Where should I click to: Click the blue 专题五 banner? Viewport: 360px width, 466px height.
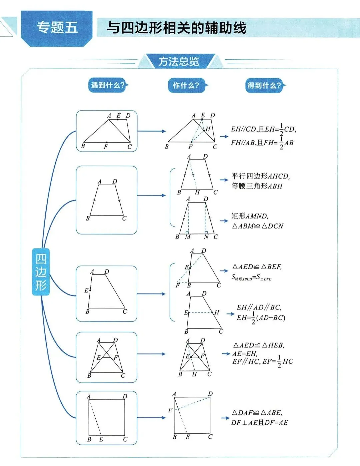tap(57, 28)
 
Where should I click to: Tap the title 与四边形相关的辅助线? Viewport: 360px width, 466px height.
tap(176, 28)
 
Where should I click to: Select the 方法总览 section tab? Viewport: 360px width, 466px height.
tap(179, 62)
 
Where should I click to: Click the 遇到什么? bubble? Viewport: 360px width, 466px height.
tap(108, 85)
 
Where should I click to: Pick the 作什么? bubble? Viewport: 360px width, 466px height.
tap(186, 85)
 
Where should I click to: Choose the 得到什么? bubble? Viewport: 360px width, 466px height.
tap(264, 86)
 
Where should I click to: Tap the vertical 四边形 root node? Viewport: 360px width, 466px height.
tap(41, 272)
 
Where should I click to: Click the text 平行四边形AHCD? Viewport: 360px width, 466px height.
tap(261, 176)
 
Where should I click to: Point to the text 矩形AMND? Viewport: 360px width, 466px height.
tap(250, 216)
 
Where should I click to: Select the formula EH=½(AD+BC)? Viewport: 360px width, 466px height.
tap(261, 318)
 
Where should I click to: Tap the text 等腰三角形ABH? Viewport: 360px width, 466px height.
tap(257, 186)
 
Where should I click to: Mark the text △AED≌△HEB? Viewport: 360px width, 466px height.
tap(259, 345)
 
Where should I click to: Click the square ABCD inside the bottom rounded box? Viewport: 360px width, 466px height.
tap(107, 417)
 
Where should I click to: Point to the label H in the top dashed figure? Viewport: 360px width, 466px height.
tap(208, 129)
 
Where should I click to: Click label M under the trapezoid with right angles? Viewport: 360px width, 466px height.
tap(188, 237)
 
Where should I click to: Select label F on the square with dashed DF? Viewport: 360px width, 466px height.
tap(170, 410)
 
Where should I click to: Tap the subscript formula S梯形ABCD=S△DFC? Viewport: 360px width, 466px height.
tap(252, 277)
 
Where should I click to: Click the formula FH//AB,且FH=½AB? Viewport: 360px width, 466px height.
tap(262, 143)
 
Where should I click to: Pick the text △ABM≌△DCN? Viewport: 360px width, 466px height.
tap(258, 226)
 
